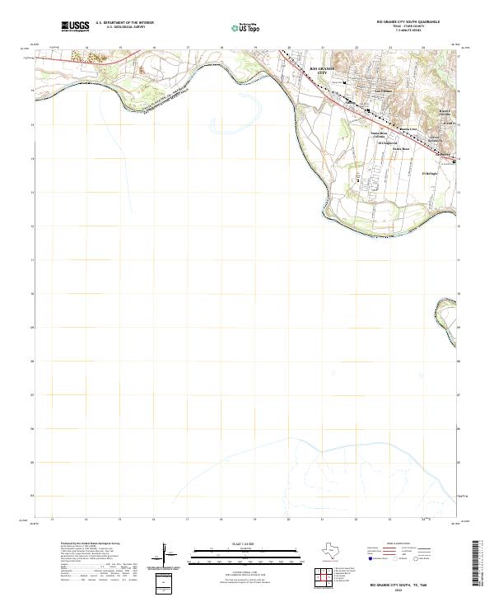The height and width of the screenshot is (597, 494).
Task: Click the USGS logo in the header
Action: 75,27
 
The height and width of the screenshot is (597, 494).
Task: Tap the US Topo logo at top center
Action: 244,27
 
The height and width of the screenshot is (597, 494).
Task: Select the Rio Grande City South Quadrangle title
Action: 408,22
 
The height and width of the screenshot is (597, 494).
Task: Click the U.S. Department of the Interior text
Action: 124,23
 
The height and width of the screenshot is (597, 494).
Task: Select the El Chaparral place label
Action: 387,142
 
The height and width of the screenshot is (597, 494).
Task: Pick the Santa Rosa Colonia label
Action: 378,134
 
